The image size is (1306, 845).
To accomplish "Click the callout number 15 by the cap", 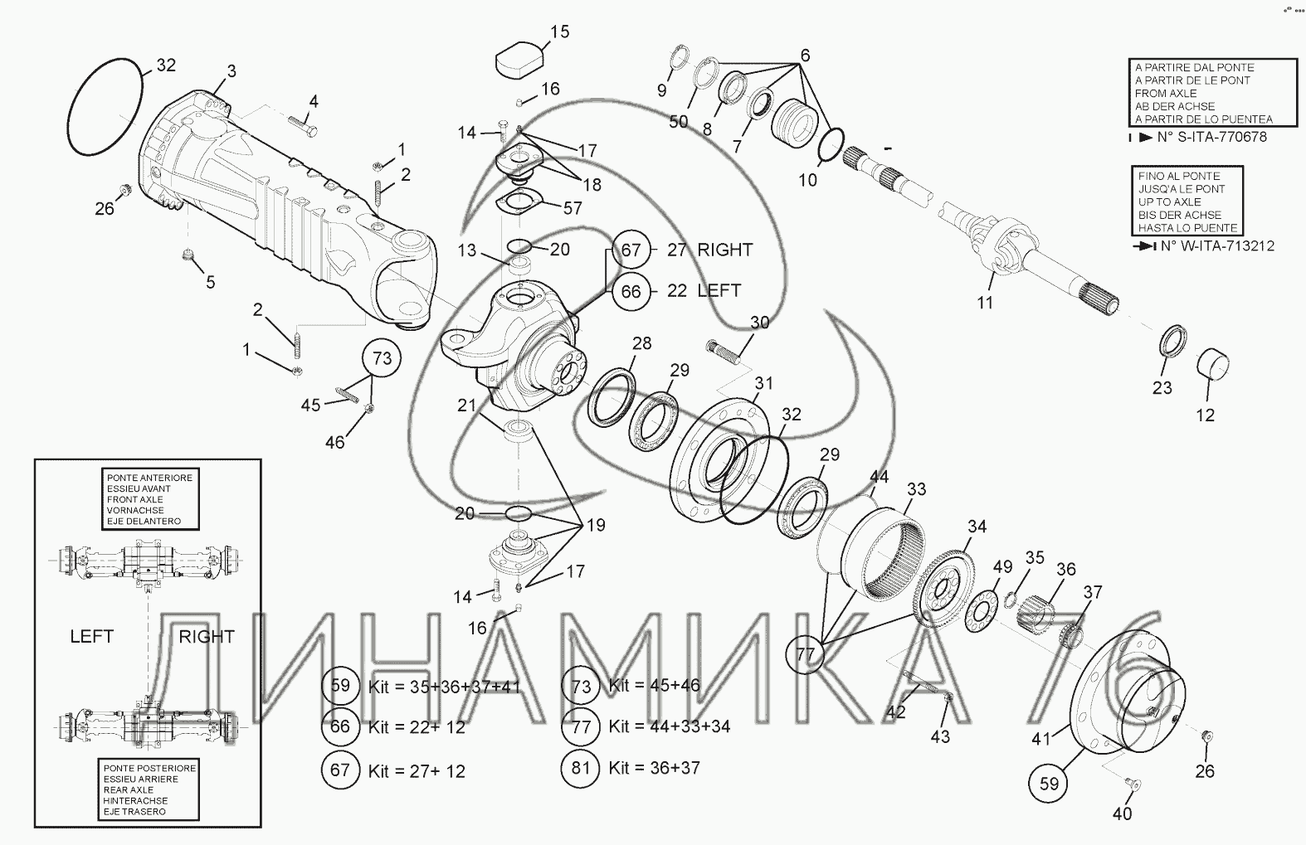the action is [560, 32].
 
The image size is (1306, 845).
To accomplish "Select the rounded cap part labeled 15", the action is [520, 58].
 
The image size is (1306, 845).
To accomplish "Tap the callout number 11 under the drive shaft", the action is [985, 303].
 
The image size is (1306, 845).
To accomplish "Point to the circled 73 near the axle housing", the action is [382, 357].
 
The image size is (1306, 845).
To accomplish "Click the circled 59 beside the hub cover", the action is [1048, 783].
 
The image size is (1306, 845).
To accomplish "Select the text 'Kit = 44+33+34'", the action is [670, 726].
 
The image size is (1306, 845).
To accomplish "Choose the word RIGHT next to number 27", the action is [724, 250].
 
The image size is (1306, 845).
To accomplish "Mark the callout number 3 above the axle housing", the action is [231, 71].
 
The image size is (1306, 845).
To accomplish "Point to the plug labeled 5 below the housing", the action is [188, 254].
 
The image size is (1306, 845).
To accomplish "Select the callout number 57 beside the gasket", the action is [573, 207].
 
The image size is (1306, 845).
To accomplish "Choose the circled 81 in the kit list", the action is [580, 768].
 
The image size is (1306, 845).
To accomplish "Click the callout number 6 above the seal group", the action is [805, 56].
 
